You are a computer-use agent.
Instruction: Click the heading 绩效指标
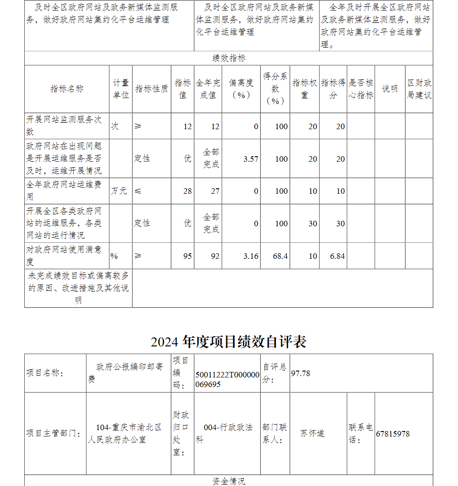tap(229, 58)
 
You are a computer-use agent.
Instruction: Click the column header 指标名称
tap(67, 89)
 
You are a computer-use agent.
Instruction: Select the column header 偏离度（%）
tap(241, 89)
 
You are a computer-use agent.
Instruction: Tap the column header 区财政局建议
tap(419, 89)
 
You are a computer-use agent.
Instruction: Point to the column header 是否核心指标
tap(361, 89)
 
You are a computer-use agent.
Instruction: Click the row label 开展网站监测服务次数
tap(64, 126)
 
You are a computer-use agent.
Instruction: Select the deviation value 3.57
tap(251, 159)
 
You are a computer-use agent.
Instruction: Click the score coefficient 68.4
tap(280, 256)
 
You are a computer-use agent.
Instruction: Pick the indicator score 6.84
tap(337, 256)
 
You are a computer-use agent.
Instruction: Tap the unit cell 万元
tap(119, 191)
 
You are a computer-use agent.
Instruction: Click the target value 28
tap(187, 191)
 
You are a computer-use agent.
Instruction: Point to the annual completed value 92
tap(215, 256)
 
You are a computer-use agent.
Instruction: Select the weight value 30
tap(313, 224)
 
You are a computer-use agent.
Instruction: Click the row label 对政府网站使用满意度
tap(64, 256)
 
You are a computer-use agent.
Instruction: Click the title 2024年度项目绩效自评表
tap(229, 342)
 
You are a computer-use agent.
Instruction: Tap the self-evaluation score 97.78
tap(300, 373)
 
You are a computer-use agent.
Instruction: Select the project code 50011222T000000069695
tap(227, 379)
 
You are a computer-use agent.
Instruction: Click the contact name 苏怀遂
tap(312, 433)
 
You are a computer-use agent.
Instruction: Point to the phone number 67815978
tap(393, 434)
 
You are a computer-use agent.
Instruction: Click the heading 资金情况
tap(229, 481)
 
